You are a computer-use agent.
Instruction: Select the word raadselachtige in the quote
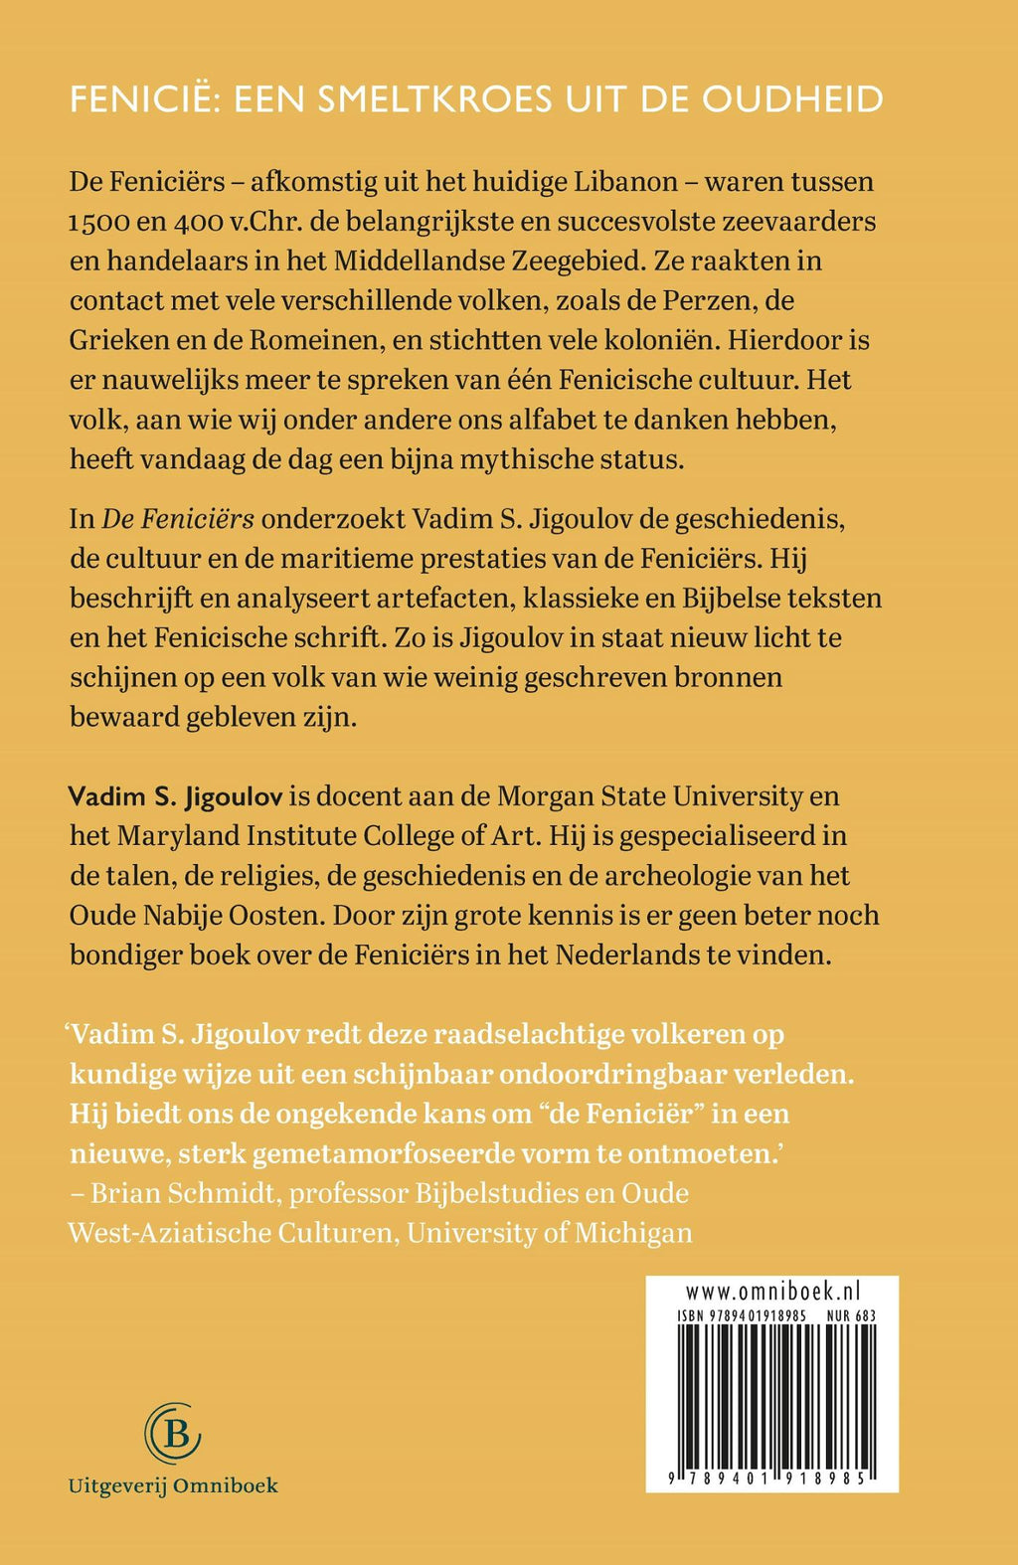(x=544, y=1034)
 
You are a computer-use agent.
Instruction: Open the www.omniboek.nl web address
(x=771, y=1292)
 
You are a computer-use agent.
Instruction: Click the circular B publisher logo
(x=173, y=1433)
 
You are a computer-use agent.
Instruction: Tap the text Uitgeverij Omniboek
(x=173, y=1485)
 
